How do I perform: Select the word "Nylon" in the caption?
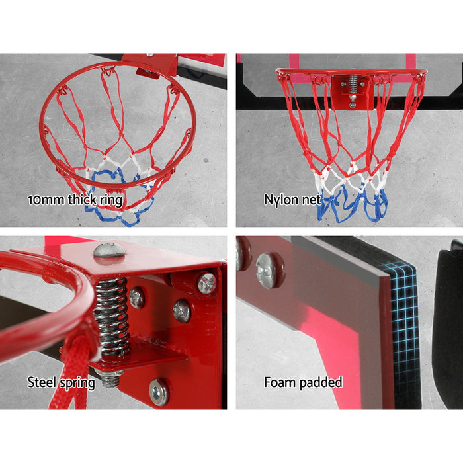(x=280, y=199)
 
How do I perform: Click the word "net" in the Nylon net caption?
(x=311, y=199)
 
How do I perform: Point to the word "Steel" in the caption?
(x=42, y=382)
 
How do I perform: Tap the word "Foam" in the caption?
(x=280, y=382)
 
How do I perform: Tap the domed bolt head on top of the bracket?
(x=109, y=250)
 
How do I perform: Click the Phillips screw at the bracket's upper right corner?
(x=206, y=282)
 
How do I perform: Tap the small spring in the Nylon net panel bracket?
(x=352, y=85)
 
